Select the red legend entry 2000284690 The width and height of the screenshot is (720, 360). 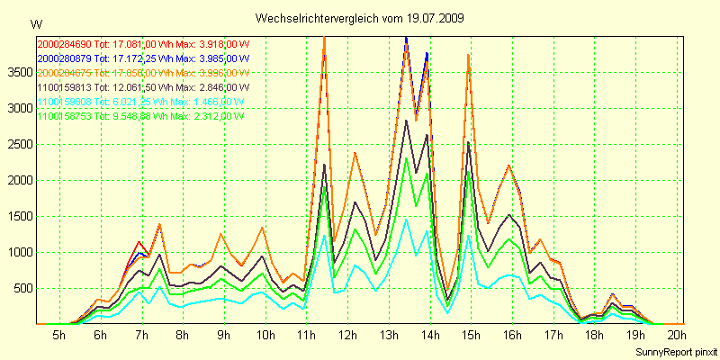pyautogui.click(x=143, y=43)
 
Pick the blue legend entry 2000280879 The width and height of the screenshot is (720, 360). pyautogui.click(x=143, y=58)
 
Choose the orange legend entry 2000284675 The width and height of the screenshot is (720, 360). pyautogui.click(x=143, y=72)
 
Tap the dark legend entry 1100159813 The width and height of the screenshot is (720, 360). pyautogui.click(x=143, y=86)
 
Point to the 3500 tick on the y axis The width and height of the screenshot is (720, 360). pyautogui.click(x=18, y=72)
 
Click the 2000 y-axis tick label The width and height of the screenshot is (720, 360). pyautogui.click(x=18, y=180)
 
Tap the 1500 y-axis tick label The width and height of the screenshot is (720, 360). pyautogui.click(x=18, y=216)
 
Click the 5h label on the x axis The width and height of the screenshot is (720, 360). pyautogui.click(x=58, y=336)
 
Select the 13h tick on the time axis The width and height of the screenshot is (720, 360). pyautogui.click(x=390, y=336)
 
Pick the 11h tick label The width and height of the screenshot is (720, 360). pyautogui.click(x=307, y=336)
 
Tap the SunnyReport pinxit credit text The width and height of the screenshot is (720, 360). pyautogui.click(x=672, y=350)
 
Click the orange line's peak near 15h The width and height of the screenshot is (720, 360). pyautogui.click(x=468, y=55)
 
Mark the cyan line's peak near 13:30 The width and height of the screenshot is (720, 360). pyautogui.click(x=406, y=219)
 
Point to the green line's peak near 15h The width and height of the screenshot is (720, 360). pyautogui.click(x=468, y=172)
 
